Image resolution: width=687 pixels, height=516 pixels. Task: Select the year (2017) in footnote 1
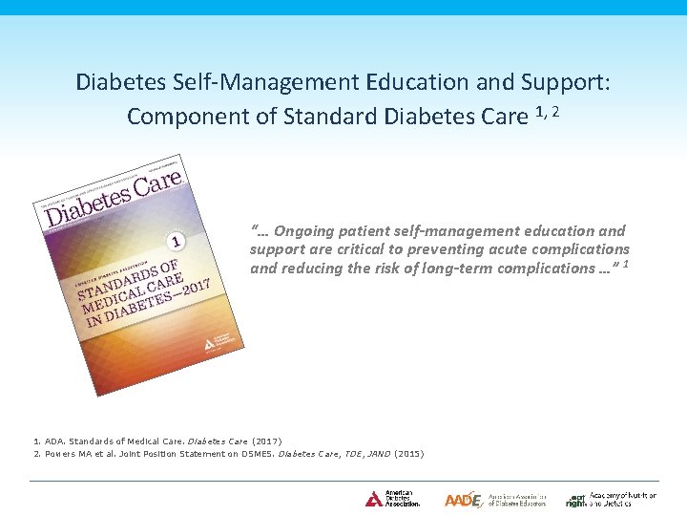pos(266,441)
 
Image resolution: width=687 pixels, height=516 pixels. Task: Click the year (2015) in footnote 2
pos(408,454)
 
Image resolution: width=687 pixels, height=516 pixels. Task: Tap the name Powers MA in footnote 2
pos(62,454)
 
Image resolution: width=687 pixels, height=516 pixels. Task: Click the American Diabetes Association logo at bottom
pos(391,499)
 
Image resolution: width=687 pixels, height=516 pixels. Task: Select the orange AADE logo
pos(464,499)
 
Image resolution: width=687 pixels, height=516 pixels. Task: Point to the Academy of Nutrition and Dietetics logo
pos(611,499)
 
